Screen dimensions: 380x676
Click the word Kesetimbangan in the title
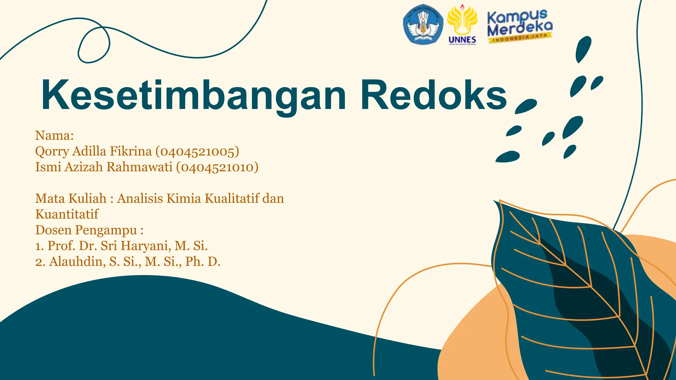click(193, 96)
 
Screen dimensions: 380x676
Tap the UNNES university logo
click(462, 25)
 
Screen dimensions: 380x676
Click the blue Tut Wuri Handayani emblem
click(423, 24)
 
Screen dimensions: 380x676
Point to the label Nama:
click(54, 135)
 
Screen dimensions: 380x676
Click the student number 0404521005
click(197, 151)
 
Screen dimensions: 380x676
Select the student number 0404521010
click(217, 167)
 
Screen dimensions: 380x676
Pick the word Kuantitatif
click(67, 214)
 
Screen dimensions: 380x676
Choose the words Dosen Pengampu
click(86, 230)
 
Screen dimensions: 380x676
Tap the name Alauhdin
click(78, 262)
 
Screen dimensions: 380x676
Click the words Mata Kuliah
click(71, 199)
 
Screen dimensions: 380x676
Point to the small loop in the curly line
click(94, 45)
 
